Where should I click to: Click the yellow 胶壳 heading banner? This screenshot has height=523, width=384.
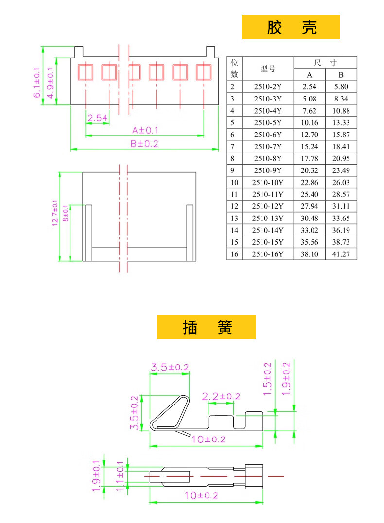(x=291, y=27)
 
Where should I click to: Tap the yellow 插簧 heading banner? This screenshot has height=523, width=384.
(x=207, y=327)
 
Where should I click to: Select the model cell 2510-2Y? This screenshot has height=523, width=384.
(x=268, y=87)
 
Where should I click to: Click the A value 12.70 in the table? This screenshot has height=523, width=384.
(x=310, y=135)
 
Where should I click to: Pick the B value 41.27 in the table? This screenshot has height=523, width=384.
(x=341, y=254)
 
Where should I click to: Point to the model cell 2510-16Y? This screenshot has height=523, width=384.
(x=268, y=254)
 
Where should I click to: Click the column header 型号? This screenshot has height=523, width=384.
(x=268, y=68)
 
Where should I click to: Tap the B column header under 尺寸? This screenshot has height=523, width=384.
(x=341, y=75)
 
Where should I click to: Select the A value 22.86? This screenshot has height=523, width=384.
(x=310, y=183)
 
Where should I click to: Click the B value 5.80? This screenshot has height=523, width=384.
(x=341, y=87)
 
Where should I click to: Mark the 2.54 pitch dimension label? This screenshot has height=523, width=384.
(x=98, y=118)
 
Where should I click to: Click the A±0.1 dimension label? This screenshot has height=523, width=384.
(x=145, y=130)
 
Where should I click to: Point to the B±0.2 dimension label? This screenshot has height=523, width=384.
(x=144, y=144)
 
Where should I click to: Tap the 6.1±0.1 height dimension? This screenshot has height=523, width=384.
(x=37, y=83)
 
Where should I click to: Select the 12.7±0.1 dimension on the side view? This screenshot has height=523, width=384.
(x=55, y=213)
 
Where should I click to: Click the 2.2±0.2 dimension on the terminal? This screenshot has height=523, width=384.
(x=221, y=396)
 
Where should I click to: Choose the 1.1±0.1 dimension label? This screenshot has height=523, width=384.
(x=120, y=476)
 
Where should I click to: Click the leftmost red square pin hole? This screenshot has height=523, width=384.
(x=86, y=72)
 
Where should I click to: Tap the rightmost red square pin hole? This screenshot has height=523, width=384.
(x=204, y=72)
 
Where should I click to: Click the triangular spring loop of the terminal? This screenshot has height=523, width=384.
(x=170, y=413)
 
